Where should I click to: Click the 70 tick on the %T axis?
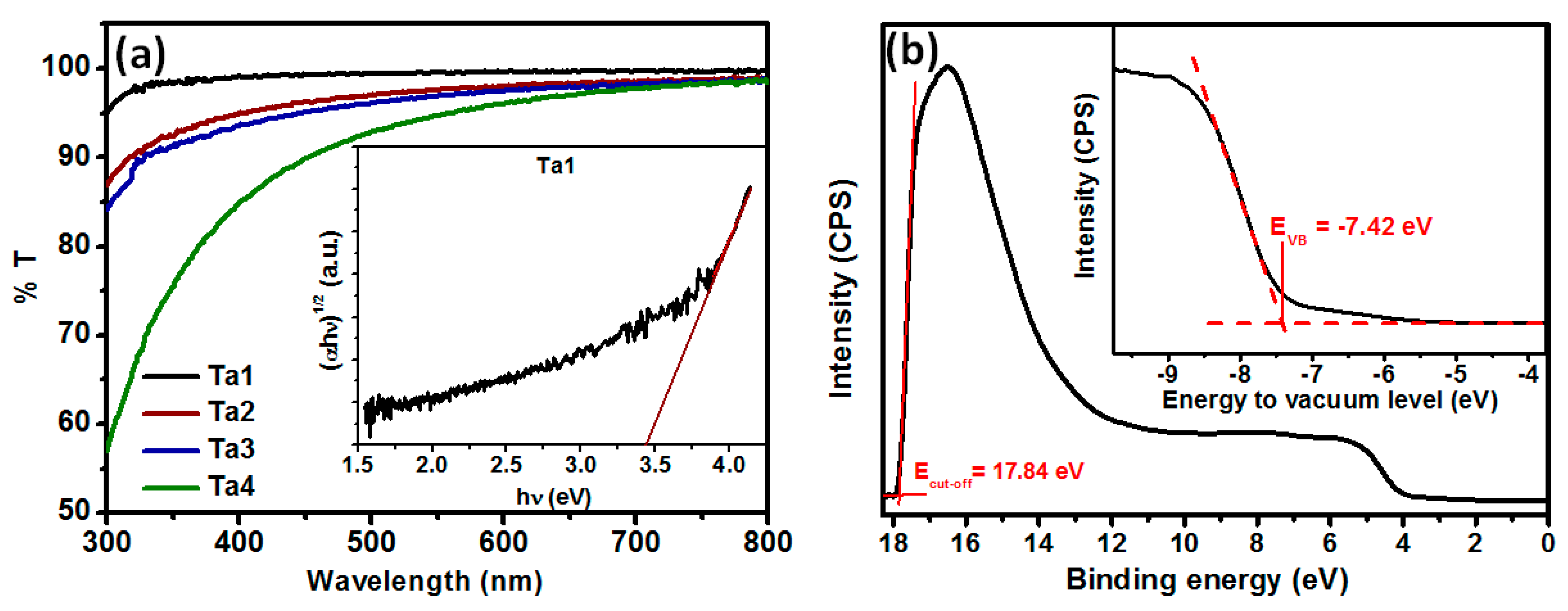[x=74, y=335]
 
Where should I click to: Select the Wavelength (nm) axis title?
[x=424, y=581]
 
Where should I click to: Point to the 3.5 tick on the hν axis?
[x=654, y=465]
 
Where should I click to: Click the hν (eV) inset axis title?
[x=553, y=497]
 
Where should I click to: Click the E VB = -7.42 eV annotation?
[x=1350, y=228]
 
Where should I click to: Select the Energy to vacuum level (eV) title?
[x=1329, y=400]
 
